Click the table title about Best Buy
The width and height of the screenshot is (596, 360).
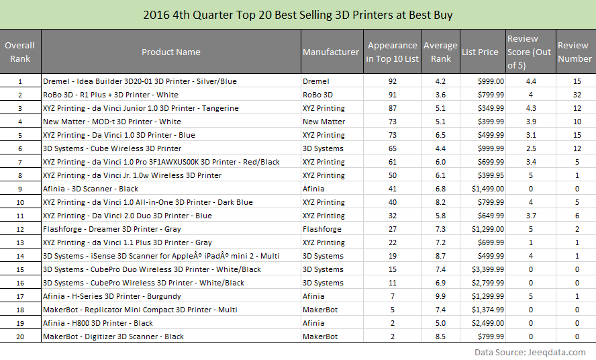pos(297,14)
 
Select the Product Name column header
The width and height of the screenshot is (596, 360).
pos(170,52)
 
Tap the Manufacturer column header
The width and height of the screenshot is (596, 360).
pos(331,52)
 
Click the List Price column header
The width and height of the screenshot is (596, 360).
pos(480,52)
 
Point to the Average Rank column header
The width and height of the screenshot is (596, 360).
pos(440,52)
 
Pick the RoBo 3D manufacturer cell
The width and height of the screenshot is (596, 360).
pos(321,95)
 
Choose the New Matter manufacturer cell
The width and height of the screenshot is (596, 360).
pos(324,122)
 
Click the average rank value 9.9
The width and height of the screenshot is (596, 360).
pos(440,296)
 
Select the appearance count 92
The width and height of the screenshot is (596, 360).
pos(393,81)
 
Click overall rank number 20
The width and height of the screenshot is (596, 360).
pos(20,336)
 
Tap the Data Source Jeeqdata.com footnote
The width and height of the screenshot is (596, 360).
pos(530,352)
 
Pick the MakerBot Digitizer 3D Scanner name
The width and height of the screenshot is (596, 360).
pos(113,336)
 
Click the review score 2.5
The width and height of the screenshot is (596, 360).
pos(532,148)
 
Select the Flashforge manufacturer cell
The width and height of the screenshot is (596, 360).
pos(322,229)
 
